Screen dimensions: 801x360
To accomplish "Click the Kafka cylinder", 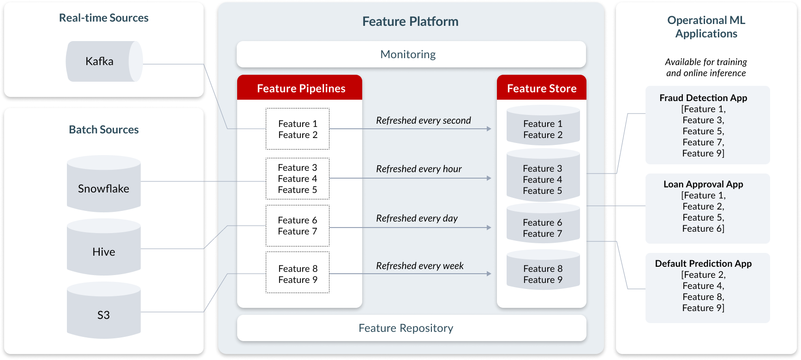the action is click(104, 61).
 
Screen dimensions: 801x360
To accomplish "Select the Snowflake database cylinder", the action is click(104, 184).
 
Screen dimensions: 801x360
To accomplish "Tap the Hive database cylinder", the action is click(104, 247).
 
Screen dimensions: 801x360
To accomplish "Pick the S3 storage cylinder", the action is click(104, 310).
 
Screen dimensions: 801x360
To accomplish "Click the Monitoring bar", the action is click(411, 54).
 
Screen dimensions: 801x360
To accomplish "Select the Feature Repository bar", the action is click(412, 328).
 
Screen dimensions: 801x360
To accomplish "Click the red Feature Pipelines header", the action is click(299, 87).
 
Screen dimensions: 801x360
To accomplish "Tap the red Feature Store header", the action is click(542, 87).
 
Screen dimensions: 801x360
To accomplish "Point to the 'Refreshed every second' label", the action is click(424, 120).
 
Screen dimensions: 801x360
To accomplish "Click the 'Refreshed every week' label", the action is click(420, 266).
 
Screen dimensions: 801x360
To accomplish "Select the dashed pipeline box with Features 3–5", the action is click(298, 179).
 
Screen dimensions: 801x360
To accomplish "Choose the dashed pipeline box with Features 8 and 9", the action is click(298, 272).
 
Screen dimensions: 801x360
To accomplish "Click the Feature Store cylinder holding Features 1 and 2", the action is click(543, 125).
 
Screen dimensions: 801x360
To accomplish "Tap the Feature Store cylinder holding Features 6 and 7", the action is click(543, 223).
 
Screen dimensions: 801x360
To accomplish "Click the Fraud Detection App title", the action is click(703, 98).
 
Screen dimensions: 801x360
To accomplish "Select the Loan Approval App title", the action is click(703, 184).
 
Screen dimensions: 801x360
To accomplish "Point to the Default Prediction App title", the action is click(703, 264).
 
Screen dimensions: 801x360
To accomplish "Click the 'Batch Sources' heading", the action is click(104, 130).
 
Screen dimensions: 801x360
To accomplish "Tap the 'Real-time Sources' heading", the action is click(104, 18).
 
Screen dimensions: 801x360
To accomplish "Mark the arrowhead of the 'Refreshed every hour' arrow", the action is click(489, 178).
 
